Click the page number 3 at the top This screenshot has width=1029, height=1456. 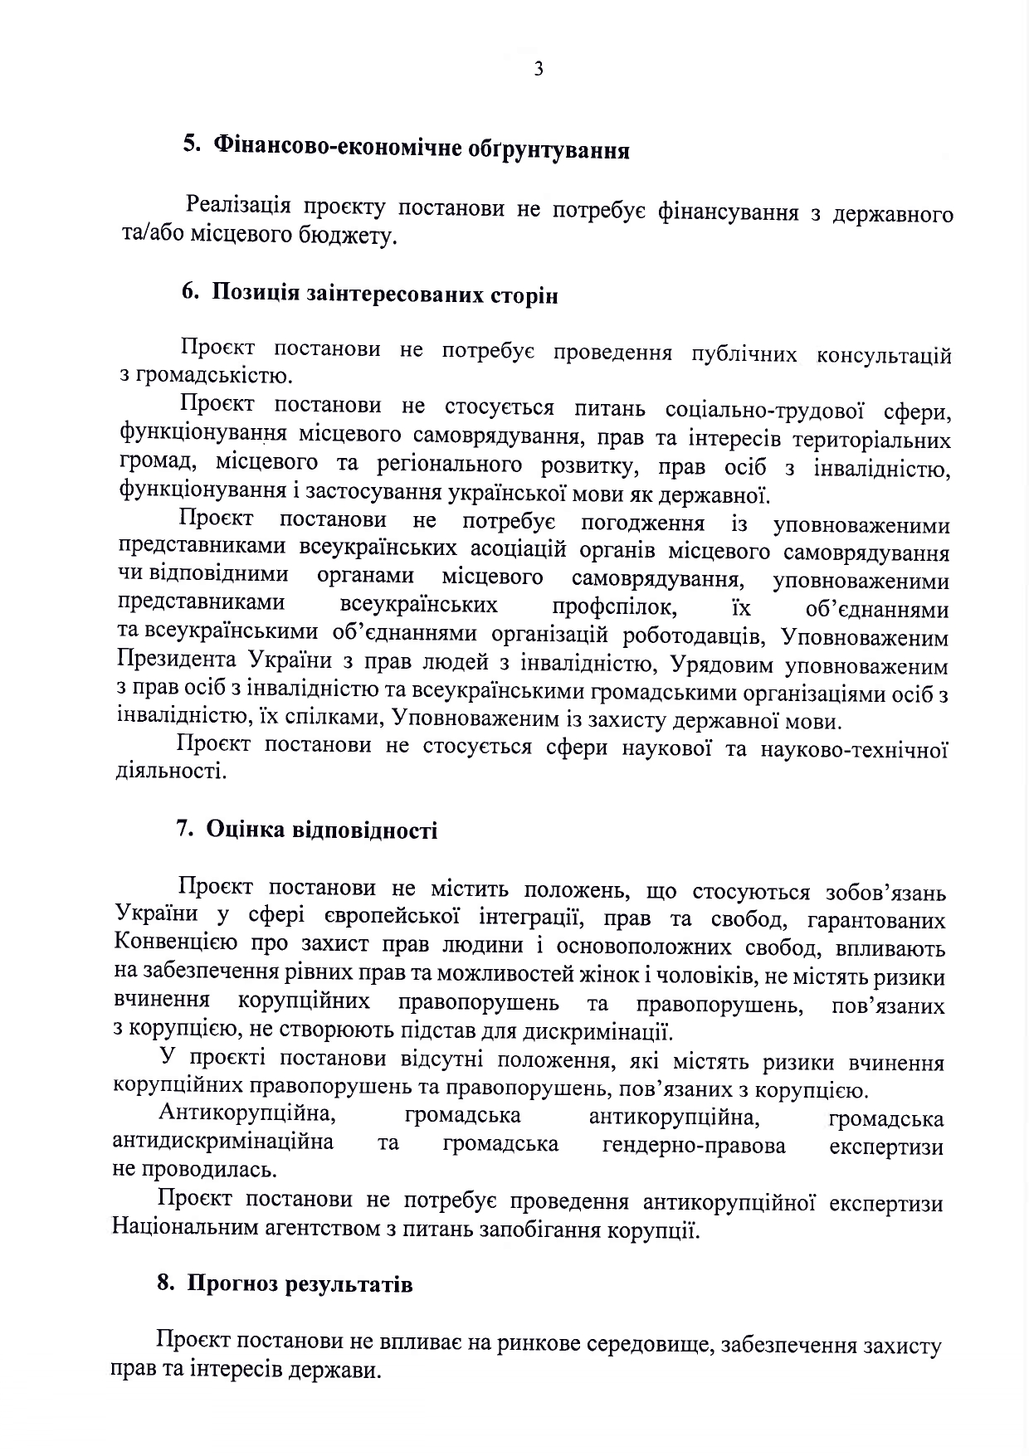pos(539,70)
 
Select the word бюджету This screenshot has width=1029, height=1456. pos(349,237)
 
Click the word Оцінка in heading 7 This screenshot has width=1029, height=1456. pos(241,830)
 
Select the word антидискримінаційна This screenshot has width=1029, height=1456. pos(223,1143)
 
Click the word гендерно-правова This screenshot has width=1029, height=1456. pos(694,1146)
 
